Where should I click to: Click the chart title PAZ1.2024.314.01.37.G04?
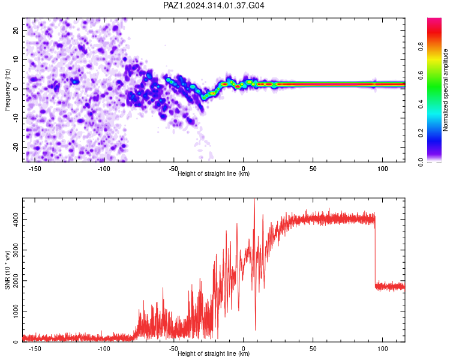coord(214,5)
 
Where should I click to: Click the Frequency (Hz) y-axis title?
coord(7,90)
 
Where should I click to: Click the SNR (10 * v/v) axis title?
coord(7,270)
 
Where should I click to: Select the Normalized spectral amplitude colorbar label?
coord(445,90)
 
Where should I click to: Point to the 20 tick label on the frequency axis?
coord(16,31)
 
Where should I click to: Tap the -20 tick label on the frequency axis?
coord(16,148)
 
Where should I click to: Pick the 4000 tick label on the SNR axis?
coord(16,220)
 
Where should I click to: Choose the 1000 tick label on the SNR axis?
coord(16,311)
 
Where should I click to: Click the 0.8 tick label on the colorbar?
coord(421,47)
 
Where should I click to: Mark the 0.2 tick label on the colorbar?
coord(421,133)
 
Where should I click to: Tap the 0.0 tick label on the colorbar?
coord(421,162)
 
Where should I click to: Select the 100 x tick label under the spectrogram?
coord(383,169)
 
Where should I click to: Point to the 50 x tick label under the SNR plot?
coord(313,349)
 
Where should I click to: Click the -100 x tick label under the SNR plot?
coord(104,349)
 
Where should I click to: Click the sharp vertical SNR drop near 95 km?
coord(375,253)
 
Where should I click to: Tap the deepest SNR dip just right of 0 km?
coord(256,329)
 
